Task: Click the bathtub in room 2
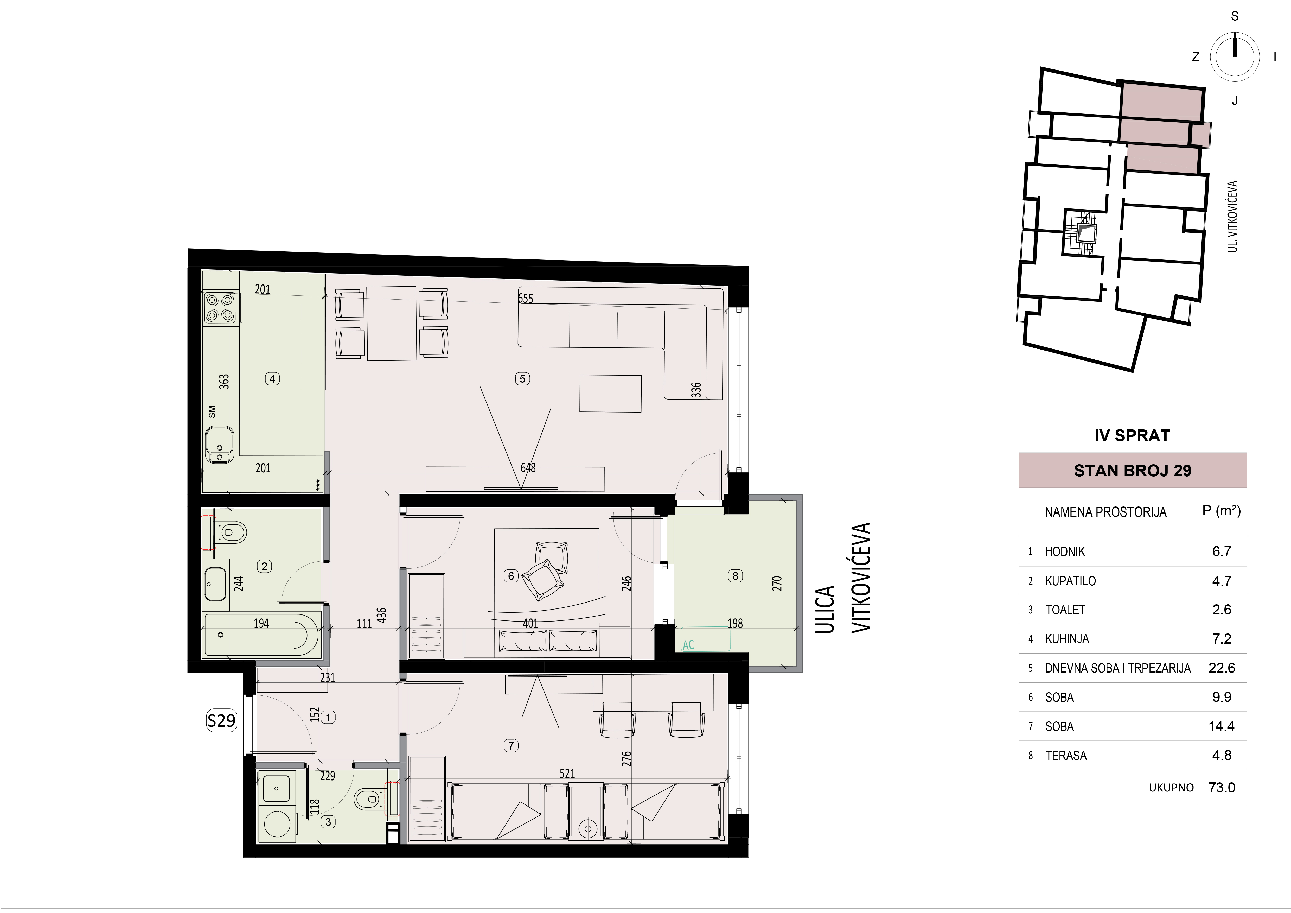point(261,635)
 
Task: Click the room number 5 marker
point(522,379)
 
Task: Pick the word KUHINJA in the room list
point(1067,639)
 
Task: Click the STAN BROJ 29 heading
point(1133,470)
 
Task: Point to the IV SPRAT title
point(1132,435)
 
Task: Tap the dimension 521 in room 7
point(567,773)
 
